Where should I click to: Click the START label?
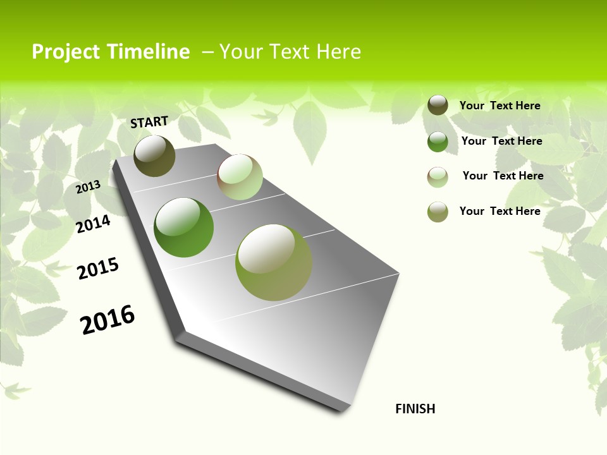tap(149, 122)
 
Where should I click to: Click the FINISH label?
tap(415, 409)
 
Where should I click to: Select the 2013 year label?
tap(89, 186)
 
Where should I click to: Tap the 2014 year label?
tap(94, 224)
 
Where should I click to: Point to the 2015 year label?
tap(98, 269)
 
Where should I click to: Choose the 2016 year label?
tap(107, 319)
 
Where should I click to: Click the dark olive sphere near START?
tap(155, 156)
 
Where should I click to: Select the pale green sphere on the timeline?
tap(240, 177)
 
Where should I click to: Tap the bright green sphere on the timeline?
tap(184, 227)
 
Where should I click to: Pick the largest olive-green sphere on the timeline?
tap(274, 262)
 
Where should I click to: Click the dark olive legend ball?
tap(438, 105)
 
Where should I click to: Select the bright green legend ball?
tap(438, 142)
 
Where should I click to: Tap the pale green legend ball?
tap(438, 177)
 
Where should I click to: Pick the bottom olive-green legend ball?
tap(438, 212)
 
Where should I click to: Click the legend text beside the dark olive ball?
tap(500, 106)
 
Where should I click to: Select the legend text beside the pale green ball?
tap(503, 176)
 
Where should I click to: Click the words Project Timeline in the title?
tap(111, 52)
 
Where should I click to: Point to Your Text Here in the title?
tap(290, 52)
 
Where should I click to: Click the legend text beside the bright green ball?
tap(501, 141)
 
